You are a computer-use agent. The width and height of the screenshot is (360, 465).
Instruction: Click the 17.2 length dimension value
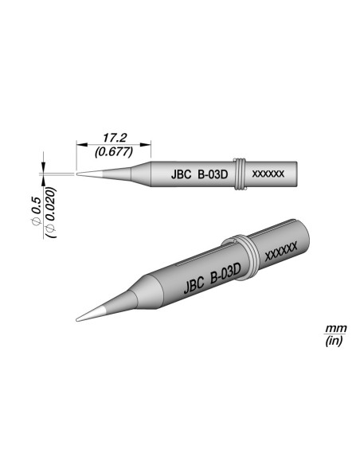(x=112, y=138)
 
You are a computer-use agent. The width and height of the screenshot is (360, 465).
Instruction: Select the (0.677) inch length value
(x=112, y=150)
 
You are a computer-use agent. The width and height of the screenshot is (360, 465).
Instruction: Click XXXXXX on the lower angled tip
(x=280, y=252)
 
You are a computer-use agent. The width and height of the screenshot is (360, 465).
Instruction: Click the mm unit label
(x=332, y=329)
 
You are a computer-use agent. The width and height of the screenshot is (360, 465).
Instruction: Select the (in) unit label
(x=332, y=341)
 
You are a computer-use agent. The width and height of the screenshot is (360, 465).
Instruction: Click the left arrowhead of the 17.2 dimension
(x=78, y=143)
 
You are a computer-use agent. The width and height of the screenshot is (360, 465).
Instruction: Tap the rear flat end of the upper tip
(x=298, y=173)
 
